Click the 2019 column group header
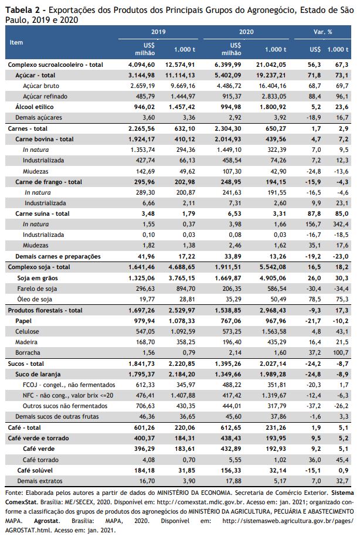(158, 32)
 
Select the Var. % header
(322, 32)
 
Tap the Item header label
(16, 42)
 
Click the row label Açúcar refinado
(45, 96)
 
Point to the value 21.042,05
(271, 64)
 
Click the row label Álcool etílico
(35, 107)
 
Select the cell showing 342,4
(341, 224)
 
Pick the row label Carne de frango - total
(49, 182)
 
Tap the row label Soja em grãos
(38, 278)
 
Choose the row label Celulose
(27, 331)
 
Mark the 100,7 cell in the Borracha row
(341, 352)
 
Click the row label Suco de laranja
(38, 374)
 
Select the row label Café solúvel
(35, 470)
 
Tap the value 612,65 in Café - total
(231, 428)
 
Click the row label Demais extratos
(40, 481)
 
